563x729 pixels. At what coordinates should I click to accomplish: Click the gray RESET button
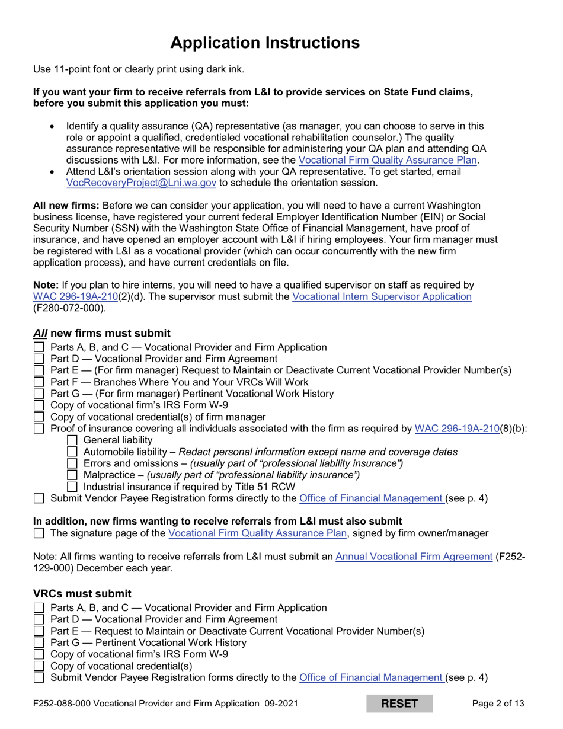click(x=399, y=704)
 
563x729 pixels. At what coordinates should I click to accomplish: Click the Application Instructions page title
click(x=264, y=43)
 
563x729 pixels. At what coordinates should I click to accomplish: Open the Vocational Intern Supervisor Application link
click(x=382, y=296)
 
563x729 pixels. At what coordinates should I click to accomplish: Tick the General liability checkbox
click(x=72, y=440)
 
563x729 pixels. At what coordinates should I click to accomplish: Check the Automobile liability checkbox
click(x=72, y=452)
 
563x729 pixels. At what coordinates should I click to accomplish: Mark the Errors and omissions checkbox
click(x=72, y=463)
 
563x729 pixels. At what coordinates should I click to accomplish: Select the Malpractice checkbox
click(x=72, y=475)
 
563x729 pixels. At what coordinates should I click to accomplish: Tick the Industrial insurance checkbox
click(x=72, y=487)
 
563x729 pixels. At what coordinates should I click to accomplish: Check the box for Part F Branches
click(x=39, y=382)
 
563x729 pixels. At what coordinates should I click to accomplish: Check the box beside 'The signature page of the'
click(x=39, y=533)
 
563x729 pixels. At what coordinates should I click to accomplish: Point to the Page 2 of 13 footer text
click(x=498, y=704)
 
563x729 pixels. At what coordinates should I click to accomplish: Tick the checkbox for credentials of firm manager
click(x=39, y=417)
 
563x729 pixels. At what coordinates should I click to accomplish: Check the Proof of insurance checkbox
click(x=39, y=429)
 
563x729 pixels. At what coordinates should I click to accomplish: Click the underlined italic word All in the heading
click(x=40, y=333)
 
